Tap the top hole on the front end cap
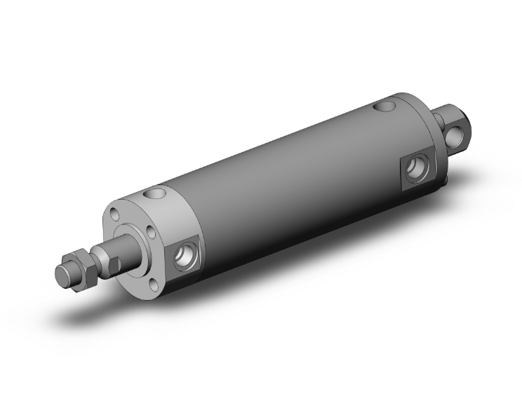pyautogui.click(x=157, y=193)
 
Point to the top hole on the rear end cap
pyautogui.click(x=383, y=108)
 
